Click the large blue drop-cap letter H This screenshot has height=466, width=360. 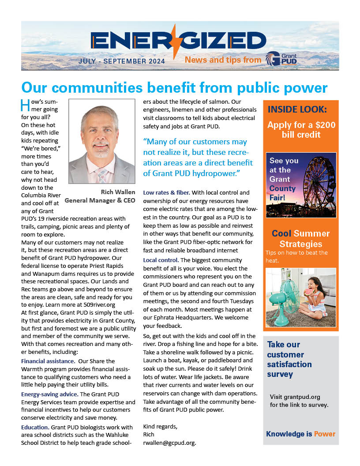click(x=26, y=106)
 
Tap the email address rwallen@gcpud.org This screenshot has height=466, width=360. click(x=169, y=443)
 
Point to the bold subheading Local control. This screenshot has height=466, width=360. click(x=161, y=260)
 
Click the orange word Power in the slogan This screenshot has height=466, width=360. click(x=324, y=434)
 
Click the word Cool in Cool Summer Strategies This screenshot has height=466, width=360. click(x=281, y=233)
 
